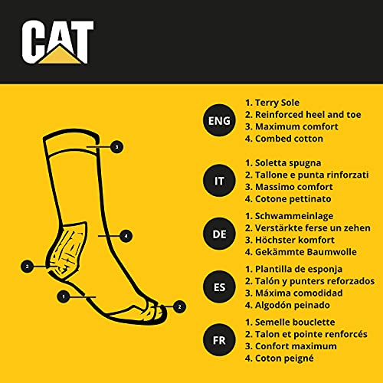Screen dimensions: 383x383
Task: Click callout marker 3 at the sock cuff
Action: coord(116,146)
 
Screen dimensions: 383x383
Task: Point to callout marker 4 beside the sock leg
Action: coord(126,235)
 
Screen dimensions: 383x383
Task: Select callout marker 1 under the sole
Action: coord(64,293)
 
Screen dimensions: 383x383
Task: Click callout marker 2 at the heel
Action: coord(28,267)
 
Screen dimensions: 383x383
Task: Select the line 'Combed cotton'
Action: coord(285,139)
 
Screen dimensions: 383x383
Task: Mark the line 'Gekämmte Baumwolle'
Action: coord(303,253)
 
